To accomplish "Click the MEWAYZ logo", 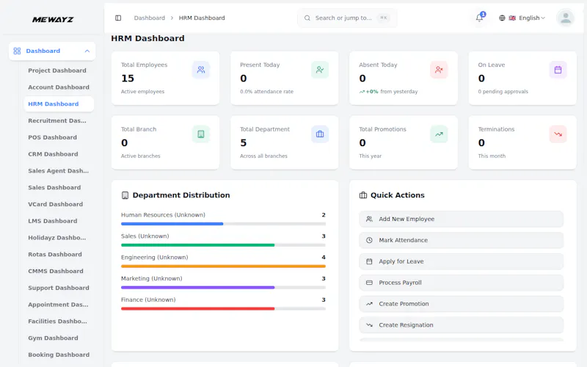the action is pos(53,20).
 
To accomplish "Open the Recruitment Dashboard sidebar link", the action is pos(57,120).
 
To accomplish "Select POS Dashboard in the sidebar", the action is pos(52,137).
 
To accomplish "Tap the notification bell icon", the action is pos(479,18).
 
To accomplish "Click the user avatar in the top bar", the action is pos(565,18).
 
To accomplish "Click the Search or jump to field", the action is pos(347,18).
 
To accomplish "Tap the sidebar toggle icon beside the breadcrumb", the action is pos(118,18).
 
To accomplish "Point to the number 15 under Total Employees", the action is pos(128,79).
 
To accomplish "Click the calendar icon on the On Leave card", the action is pos(558,70).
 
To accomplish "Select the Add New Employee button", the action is pos(462,219).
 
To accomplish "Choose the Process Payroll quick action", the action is pos(462,283).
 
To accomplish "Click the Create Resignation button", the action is pos(462,325).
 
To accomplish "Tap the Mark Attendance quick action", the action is pos(462,241).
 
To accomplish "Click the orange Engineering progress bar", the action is pos(223,266).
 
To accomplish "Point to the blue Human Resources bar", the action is pos(172,224).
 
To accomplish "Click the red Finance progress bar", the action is pos(197,309).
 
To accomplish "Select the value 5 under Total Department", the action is pos(244,142).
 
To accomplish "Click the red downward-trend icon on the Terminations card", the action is pos(558,134).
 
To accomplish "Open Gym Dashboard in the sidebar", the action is pos(53,338).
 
